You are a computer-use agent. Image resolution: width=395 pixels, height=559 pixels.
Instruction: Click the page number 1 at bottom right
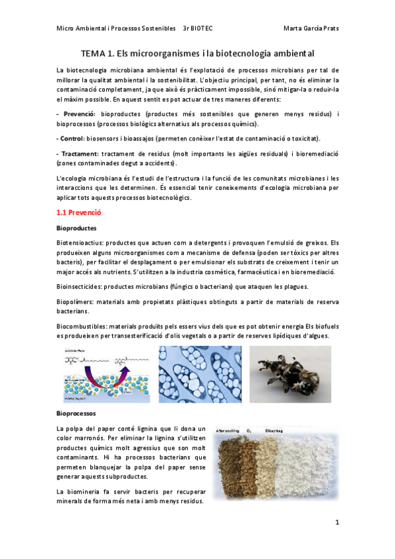(x=336, y=523)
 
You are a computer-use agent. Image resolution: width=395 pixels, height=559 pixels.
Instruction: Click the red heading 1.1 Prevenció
(x=78, y=213)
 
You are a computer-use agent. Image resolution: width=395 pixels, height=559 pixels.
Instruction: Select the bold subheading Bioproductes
(x=76, y=228)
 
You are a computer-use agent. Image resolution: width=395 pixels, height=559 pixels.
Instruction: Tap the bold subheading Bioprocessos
(x=76, y=413)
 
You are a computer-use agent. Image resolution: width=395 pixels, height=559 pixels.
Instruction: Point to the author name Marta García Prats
(x=311, y=28)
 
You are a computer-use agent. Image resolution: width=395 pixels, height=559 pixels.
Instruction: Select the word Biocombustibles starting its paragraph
(x=84, y=325)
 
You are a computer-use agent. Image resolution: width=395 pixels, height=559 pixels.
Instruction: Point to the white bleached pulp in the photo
(x=310, y=465)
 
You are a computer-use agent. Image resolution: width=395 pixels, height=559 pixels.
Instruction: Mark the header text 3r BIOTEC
(x=202, y=28)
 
